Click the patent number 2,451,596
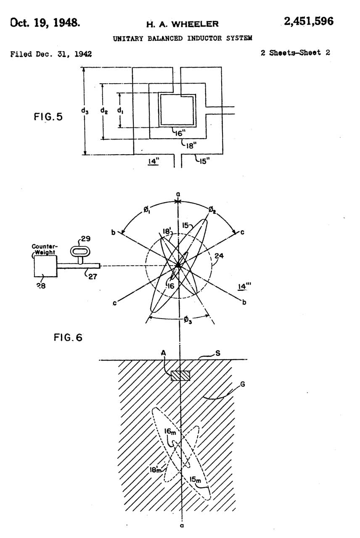309,21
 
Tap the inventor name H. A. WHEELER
183,24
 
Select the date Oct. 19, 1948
45,23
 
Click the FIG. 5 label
48,117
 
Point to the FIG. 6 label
68,338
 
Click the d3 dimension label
85,111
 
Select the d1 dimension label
120,111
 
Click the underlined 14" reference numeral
154,161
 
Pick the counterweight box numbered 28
46,266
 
